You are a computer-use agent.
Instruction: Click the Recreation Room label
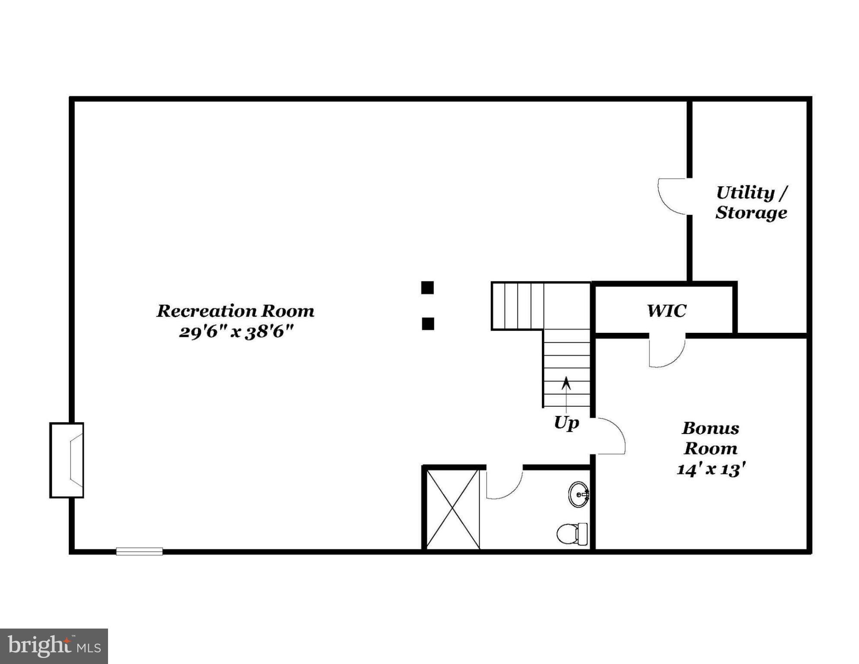click(235, 311)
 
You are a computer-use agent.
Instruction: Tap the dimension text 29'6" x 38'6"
click(236, 332)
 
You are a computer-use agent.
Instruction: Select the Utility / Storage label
click(751, 203)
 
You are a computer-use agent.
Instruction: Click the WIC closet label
click(666, 311)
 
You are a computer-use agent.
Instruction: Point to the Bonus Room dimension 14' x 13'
click(711, 469)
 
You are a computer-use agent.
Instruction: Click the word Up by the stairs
click(566, 422)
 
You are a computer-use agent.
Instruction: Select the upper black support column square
click(427, 287)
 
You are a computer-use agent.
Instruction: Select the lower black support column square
click(428, 324)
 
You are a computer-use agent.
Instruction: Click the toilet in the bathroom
click(572, 534)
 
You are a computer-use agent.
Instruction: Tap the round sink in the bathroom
click(578, 494)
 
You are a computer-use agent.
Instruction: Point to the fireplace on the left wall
click(67, 460)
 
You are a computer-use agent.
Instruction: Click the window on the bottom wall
click(139, 551)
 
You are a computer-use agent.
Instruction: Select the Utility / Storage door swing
click(672, 197)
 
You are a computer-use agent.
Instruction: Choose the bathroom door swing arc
click(504, 485)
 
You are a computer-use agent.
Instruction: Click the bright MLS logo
click(54, 646)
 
